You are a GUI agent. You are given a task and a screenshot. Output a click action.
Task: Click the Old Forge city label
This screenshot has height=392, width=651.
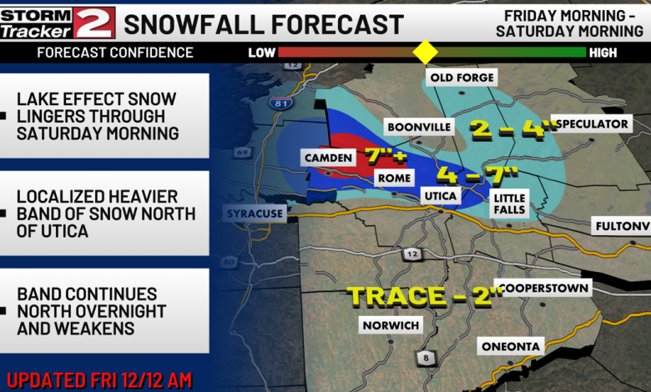click(x=462, y=78)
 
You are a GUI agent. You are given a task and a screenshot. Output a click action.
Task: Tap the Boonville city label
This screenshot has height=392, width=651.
click(x=418, y=127)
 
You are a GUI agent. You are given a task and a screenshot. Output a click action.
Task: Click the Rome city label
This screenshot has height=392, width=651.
click(x=393, y=177)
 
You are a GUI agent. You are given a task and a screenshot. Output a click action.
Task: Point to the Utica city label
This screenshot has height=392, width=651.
click(x=442, y=195)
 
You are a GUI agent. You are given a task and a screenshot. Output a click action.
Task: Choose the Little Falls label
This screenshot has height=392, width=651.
click(x=509, y=203)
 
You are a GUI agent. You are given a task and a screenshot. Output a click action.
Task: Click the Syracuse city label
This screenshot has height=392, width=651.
click(x=255, y=214)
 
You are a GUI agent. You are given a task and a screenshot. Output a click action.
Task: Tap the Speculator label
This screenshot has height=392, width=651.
click(x=592, y=123)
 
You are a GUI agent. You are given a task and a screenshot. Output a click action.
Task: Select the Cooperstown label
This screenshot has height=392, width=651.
click(x=542, y=288)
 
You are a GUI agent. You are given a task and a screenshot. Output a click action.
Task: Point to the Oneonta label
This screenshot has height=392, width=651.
click(x=512, y=345)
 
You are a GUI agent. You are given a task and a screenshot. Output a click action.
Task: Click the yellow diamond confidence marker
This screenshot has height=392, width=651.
click(x=426, y=53)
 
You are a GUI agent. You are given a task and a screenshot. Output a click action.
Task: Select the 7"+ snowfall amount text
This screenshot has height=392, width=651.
click(x=385, y=155)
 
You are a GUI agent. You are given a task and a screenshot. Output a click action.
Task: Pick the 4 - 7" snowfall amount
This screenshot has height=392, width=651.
click(x=477, y=175)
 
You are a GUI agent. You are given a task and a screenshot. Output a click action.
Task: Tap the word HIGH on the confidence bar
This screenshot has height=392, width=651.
click(x=603, y=53)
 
